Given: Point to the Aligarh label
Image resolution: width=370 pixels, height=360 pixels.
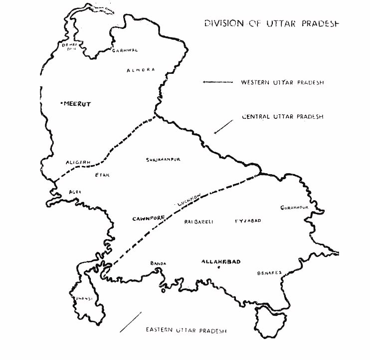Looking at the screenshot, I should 77,163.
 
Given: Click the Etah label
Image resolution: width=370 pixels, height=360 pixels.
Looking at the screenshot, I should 102,175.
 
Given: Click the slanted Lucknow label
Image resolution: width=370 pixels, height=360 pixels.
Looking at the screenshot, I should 189,201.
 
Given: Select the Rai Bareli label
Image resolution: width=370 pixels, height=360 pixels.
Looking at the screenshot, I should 198,222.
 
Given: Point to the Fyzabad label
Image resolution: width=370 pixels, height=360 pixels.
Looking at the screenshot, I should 247,220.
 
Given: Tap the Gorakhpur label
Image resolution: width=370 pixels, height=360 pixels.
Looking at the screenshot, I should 292,207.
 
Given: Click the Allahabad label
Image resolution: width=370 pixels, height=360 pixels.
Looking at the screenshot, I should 221,261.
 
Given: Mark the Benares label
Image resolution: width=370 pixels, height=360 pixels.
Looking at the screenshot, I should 269,273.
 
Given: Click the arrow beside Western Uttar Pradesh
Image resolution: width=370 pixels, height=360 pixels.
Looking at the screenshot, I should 218,82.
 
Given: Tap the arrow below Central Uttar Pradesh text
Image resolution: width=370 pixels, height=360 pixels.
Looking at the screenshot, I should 223,127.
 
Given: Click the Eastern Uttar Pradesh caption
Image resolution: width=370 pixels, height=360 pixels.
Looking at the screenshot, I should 186,331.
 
